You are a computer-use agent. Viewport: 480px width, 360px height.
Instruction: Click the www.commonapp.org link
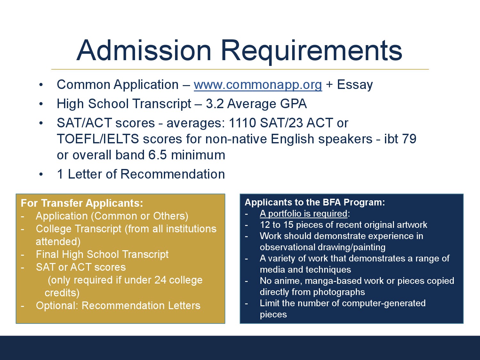coord(258,85)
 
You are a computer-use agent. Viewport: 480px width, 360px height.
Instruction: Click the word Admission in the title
coord(144,50)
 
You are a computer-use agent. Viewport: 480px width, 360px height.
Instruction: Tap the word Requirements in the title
coord(311,52)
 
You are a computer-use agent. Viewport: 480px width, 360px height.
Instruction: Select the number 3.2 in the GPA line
coord(215,104)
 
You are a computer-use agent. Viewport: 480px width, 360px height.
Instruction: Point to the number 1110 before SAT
coord(242,123)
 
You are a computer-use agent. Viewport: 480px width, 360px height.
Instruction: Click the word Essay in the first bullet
coord(355,85)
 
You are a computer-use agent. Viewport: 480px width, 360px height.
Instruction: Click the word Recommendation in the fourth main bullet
coord(172,174)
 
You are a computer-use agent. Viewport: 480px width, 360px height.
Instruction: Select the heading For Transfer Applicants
coord(82,203)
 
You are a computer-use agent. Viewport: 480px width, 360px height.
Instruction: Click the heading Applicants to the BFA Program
coord(315,203)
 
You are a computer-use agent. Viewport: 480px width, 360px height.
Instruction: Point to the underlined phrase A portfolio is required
coord(304,213)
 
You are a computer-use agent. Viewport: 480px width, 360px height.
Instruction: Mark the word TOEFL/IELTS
coord(98,139)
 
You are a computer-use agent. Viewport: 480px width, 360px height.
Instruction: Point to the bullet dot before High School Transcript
coord(41,104)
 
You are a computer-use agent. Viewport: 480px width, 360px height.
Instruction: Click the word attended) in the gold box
coord(58,242)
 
